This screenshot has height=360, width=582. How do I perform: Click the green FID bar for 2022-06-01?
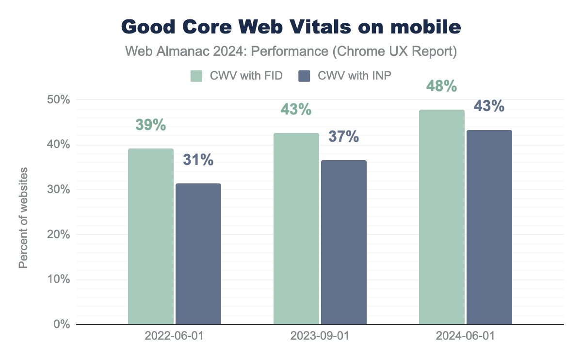151,236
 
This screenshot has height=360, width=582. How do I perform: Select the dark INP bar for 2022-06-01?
198,254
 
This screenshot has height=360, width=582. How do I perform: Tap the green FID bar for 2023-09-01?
296,229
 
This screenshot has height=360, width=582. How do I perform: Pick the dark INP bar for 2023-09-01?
344,242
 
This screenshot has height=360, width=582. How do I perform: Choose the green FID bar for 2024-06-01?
442,217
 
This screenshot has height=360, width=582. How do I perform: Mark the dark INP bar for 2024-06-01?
489,227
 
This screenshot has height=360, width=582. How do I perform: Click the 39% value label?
151,125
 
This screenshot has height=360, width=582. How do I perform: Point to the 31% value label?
198,160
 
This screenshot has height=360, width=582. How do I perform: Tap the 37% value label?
344,137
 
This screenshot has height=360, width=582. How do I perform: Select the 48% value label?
442,86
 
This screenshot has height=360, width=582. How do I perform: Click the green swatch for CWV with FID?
196,76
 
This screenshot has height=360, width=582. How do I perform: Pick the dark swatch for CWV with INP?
304,76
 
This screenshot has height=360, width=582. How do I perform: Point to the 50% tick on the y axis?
59,100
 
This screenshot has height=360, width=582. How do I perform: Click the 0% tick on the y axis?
62,324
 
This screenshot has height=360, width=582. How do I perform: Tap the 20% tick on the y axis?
59,234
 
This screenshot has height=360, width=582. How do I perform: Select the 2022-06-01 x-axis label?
175,336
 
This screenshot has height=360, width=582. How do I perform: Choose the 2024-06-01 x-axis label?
466,336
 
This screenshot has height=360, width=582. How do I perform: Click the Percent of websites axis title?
23,217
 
